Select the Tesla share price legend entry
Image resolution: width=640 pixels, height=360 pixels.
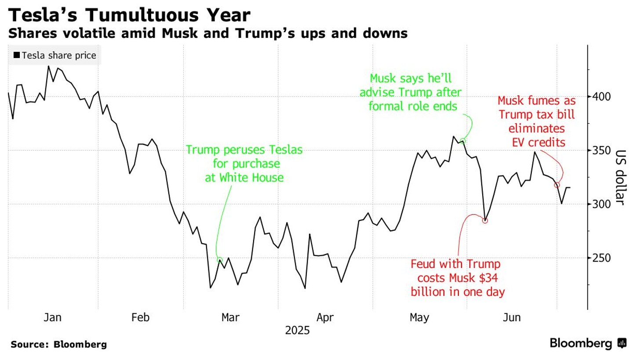[55, 55]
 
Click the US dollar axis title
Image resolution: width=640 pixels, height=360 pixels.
[620, 178]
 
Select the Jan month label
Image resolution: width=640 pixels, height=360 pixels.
[52, 317]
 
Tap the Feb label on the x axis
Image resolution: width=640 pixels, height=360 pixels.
[141, 317]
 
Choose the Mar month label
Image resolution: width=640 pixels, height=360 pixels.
[230, 317]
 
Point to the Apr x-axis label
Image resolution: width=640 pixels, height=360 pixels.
[325, 317]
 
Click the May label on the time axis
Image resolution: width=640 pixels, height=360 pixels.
[419, 317]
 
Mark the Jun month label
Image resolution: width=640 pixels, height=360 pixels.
[512, 317]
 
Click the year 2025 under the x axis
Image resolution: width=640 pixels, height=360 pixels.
[297, 330]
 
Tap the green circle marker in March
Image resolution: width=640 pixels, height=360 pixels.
[219, 260]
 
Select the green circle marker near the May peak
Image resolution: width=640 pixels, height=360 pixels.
[463, 141]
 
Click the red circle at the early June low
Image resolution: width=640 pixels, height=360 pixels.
[485, 220]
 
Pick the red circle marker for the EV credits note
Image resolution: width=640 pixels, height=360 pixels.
[557, 185]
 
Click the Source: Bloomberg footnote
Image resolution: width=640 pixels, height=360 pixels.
[58, 344]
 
